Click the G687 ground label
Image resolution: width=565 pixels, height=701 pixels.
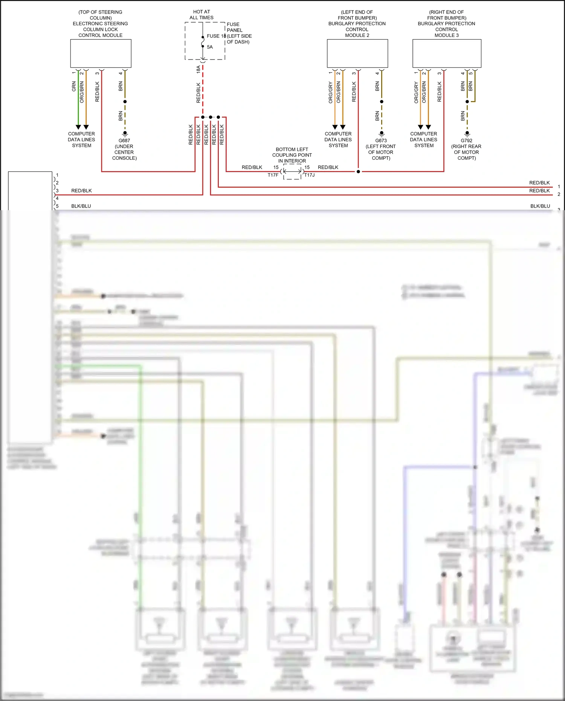[124, 141]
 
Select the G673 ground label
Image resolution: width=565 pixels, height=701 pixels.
[381, 141]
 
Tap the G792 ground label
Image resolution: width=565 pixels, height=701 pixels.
[466, 141]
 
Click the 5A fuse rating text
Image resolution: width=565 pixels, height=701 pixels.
[210, 47]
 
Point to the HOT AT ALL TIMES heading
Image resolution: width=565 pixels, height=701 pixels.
[202, 15]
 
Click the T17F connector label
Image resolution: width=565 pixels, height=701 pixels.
[273, 175]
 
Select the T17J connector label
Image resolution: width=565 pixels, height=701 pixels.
[309, 175]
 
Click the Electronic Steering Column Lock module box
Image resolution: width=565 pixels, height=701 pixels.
[101, 53]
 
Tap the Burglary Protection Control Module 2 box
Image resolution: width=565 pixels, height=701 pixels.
[357, 53]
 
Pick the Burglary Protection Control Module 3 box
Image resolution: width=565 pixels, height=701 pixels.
[447, 53]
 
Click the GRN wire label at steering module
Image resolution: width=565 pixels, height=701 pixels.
[74, 86]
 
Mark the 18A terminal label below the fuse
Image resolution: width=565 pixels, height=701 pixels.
[199, 69]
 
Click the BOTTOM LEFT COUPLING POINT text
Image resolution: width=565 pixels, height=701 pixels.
[292, 155]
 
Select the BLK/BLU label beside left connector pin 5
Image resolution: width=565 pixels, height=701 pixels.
[81, 206]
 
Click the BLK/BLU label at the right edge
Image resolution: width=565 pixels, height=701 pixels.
[540, 206]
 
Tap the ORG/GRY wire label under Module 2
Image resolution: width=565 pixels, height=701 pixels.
[330, 92]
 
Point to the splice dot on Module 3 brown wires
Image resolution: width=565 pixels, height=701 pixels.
[467, 102]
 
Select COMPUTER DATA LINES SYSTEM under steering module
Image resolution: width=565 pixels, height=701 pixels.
[81, 140]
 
